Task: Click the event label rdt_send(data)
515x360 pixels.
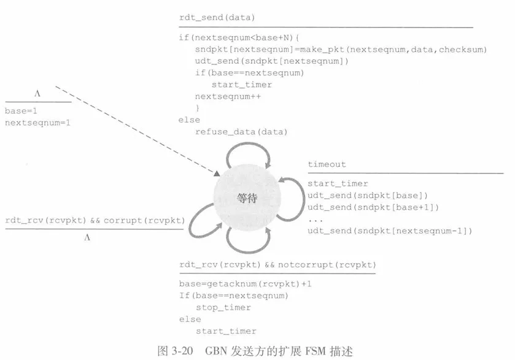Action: pos(217,17)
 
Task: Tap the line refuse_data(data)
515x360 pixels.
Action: pos(241,132)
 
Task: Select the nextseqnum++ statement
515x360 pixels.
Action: pos(228,96)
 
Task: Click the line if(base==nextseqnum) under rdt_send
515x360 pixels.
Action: pos(250,73)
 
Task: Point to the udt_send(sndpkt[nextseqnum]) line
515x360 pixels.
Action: pos(272,61)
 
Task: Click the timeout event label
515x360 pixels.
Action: pos(327,164)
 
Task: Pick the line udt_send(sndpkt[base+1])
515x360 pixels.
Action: pos(373,207)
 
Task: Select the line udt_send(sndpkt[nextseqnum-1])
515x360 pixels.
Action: pos(390,231)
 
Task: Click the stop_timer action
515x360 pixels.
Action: pos(223,307)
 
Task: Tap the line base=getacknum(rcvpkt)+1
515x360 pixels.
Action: pos(245,284)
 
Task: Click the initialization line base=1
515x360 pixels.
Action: pos(21,111)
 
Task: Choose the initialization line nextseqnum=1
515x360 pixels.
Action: pos(37,123)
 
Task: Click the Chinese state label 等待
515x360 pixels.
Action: pos(247,198)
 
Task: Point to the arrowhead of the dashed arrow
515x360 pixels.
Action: pos(217,174)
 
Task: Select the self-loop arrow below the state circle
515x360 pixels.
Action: pos(249,251)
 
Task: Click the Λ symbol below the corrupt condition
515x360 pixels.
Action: pos(87,237)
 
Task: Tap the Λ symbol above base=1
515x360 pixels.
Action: pos(37,94)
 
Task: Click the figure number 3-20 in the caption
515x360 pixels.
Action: pos(182,351)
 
